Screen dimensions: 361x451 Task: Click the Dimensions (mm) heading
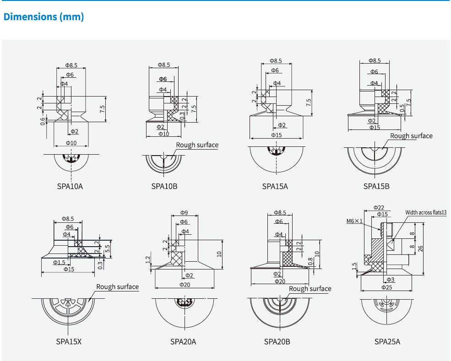pos(43,17)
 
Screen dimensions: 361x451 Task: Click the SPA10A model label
pos(70,186)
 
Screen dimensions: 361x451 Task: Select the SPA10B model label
pos(164,186)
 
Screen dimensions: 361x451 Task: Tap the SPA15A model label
pos(275,186)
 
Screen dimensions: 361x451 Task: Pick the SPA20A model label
pos(183,341)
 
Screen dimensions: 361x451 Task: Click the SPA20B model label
pos(277,341)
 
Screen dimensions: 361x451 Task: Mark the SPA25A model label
pos(387,341)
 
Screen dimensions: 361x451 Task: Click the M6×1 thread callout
pos(354,221)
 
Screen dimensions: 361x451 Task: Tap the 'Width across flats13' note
pos(426,213)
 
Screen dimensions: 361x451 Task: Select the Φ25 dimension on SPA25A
pos(386,287)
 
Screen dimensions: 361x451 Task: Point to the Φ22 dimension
pos(379,207)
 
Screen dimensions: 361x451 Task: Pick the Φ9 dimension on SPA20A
pos(184,212)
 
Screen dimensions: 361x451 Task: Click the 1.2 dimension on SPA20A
pos(148,260)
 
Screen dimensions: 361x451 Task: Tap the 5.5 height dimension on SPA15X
pos(108,249)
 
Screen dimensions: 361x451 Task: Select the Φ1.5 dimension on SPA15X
pos(59,262)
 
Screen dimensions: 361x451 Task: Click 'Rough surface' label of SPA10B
pos(197,145)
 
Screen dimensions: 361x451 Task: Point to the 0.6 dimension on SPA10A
pos(43,121)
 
